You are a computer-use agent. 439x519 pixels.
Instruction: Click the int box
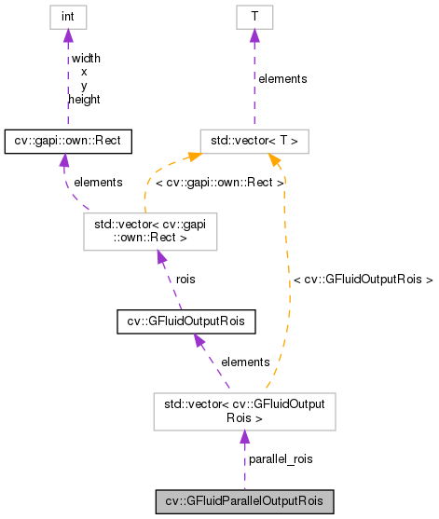[x=66, y=16]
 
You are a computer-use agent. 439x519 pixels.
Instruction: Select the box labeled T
[x=254, y=16]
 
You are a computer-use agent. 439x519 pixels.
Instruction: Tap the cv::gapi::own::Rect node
[x=68, y=141]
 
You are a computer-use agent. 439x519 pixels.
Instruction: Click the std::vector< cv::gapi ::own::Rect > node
[x=150, y=232]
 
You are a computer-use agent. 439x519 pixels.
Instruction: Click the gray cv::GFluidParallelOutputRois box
[x=243, y=501]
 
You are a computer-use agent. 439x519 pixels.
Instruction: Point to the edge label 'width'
[x=85, y=58]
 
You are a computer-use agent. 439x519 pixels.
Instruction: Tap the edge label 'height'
[x=85, y=99]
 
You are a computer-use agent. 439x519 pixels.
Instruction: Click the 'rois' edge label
[x=185, y=278]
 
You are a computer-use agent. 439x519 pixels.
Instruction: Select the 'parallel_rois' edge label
[x=280, y=459]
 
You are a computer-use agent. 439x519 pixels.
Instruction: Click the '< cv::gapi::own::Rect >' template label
[x=220, y=183]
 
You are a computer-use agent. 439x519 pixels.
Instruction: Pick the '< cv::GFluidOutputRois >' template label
[x=363, y=278]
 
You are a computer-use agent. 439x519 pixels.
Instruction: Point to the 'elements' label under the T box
[x=281, y=79]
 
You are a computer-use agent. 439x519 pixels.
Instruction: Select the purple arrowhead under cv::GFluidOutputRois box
[x=198, y=342]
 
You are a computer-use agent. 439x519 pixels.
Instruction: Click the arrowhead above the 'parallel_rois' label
[x=243, y=437]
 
